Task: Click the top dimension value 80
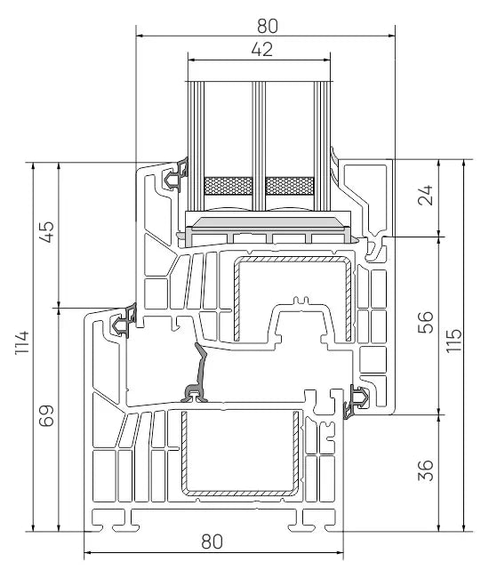click(267, 26)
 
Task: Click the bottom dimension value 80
click(212, 542)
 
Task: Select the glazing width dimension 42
click(262, 50)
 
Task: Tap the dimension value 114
click(22, 342)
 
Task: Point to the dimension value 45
click(47, 231)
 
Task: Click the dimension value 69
click(47, 416)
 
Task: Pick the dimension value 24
click(426, 195)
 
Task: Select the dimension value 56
click(426, 322)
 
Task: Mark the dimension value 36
click(426, 470)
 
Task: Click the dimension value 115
click(453, 341)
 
